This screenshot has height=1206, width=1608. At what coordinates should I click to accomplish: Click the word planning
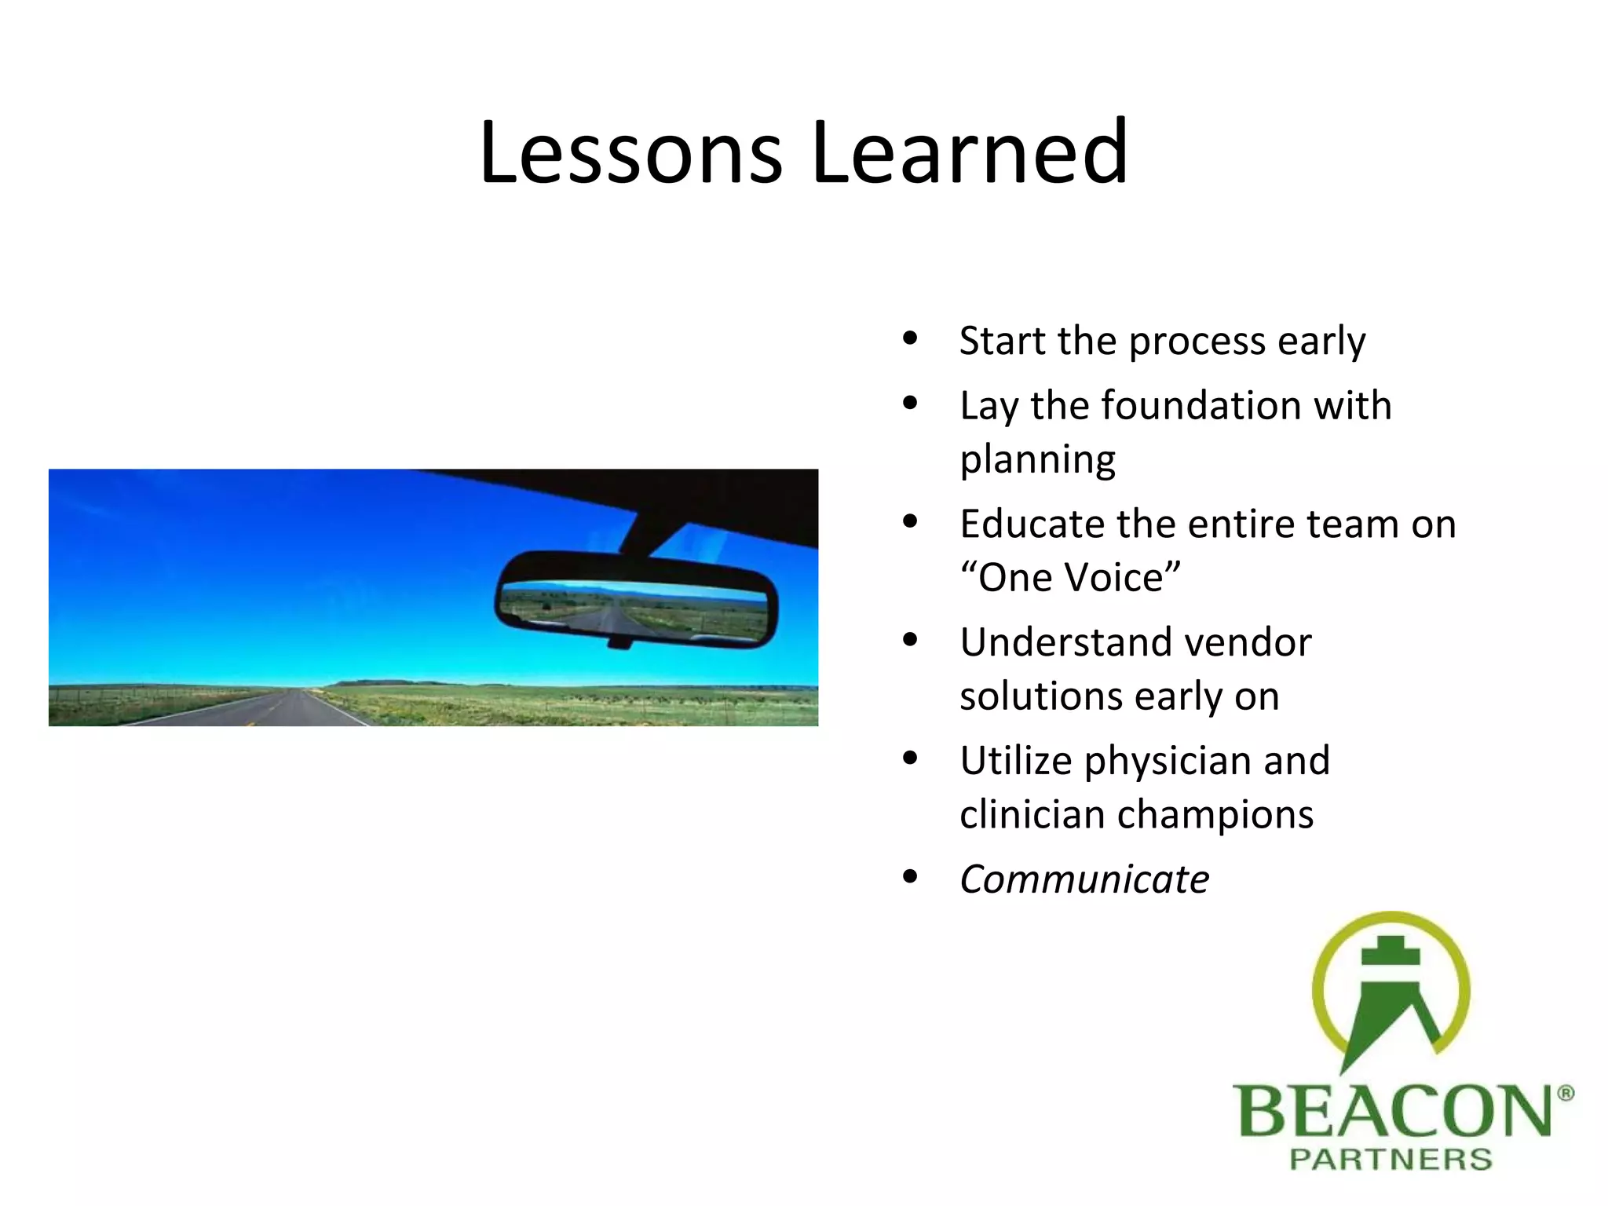pos(1037,460)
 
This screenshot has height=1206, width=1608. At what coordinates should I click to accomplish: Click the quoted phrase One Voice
pos(1070,578)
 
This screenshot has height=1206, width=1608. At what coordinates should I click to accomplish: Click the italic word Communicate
pos(1084,879)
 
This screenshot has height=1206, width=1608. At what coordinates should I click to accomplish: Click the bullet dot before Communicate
pos(910,876)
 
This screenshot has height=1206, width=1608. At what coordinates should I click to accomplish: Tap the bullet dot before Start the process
pos(910,338)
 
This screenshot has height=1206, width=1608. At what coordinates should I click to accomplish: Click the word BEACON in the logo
pos(1392,1111)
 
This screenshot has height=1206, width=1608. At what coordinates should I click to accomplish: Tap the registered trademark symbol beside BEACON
pos(1564,1094)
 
